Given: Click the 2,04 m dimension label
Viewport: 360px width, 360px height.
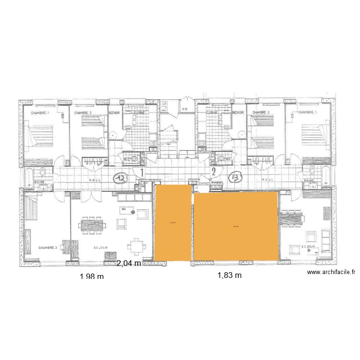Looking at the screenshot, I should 129,263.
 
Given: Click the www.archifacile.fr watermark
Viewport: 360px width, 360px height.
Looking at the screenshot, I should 331,272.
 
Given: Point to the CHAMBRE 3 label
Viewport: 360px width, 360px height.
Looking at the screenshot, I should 48,248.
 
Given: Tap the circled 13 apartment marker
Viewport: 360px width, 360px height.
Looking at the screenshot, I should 236,177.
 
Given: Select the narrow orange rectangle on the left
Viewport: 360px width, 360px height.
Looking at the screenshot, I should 172,223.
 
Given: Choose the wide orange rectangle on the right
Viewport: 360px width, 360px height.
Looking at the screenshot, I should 236,226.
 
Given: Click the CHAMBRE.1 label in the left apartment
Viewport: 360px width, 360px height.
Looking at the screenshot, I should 40,113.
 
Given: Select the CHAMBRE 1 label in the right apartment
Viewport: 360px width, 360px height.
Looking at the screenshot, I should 308,112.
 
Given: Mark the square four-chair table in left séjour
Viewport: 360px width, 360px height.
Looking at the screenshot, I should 137,245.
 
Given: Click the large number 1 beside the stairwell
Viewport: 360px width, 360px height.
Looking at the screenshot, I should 141,171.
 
